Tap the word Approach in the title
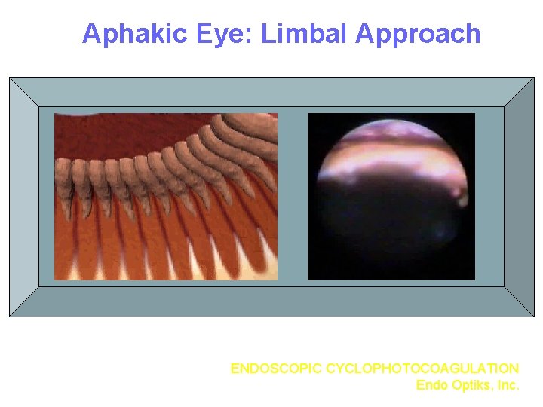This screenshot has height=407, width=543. coord(419,35)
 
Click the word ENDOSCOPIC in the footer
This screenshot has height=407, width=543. coord(276,369)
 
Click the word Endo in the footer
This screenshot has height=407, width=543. coord(431,385)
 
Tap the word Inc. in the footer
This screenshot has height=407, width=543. coord(507,385)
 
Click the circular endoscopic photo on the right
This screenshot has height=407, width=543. coord(391,197)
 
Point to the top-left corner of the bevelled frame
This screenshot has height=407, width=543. coord(11,78)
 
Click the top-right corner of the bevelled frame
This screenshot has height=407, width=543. coord(532,78)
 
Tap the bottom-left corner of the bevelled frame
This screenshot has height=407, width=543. coord(11,315)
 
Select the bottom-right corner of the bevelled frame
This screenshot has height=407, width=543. coord(532,315)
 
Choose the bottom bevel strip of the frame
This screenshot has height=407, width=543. coord(271,301)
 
